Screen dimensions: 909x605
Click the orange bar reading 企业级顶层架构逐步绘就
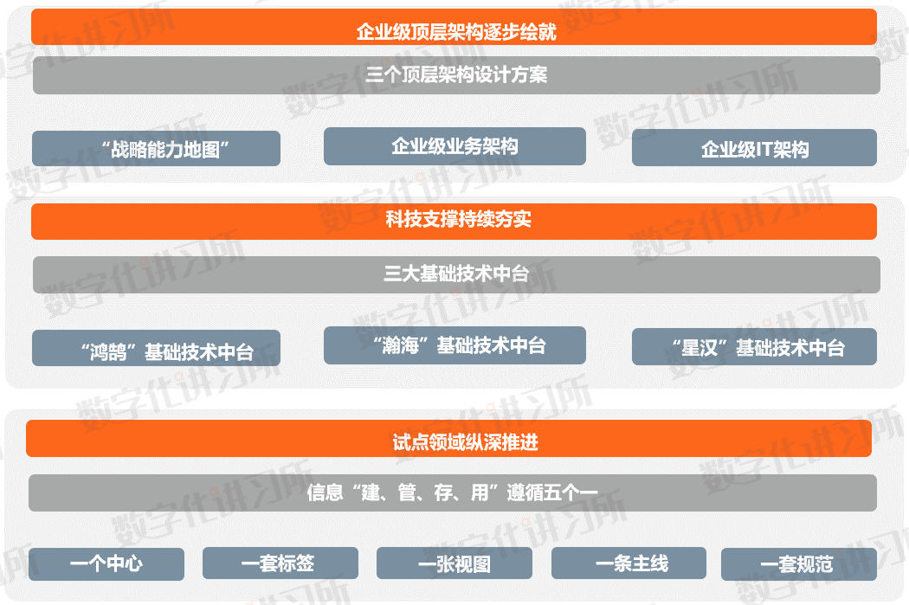pyautogui.click(x=455, y=27)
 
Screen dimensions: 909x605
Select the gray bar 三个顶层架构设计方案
pyautogui.click(x=456, y=75)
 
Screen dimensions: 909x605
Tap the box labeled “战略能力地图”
pyautogui.click(x=156, y=148)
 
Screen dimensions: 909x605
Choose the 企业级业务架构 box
pyautogui.click(x=455, y=146)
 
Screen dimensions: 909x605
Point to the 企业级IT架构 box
pyautogui.click(x=754, y=148)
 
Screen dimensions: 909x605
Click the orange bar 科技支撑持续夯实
pyautogui.click(x=455, y=222)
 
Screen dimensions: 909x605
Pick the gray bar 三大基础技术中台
pyautogui.click(x=456, y=274)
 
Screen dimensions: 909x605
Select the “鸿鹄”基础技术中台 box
pyautogui.click(x=156, y=348)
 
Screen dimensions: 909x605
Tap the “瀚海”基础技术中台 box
pyautogui.click(x=455, y=345)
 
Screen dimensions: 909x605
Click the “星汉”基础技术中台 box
pyautogui.click(x=754, y=347)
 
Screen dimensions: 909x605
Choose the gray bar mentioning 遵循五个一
pyautogui.click(x=452, y=492)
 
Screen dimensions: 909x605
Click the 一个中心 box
pyautogui.click(x=106, y=564)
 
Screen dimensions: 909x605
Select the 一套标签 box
pyautogui.click(x=280, y=564)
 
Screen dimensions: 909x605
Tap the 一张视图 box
pyautogui.click(x=454, y=564)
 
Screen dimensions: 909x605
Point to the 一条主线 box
pyautogui.click(x=629, y=564)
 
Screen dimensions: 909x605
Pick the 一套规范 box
pyautogui.click(x=798, y=564)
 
